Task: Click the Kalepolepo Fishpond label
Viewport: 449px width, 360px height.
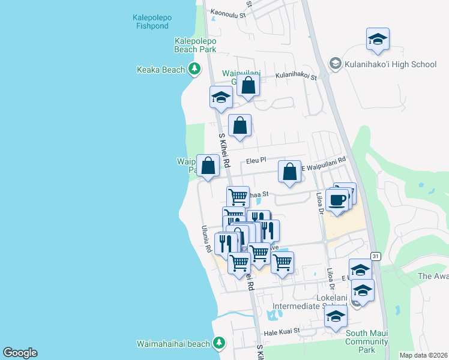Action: (x=152, y=22)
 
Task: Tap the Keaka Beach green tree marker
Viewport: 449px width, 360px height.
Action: (x=194, y=70)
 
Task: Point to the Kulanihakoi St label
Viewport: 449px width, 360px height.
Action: (x=296, y=76)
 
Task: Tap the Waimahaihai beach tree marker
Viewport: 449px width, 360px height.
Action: (x=219, y=343)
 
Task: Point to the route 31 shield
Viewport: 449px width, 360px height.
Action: (x=376, y=256)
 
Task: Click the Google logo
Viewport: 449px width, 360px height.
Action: (x=20, y=353)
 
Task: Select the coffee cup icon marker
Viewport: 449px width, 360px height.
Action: (x=337, y=199)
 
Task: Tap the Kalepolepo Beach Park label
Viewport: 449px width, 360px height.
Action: (x=195, y=45)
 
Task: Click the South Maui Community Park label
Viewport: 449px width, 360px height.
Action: (x=367, y=341)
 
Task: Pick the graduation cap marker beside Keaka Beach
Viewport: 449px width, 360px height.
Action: (x=221, y=97)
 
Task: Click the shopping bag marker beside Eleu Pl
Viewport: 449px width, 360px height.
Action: (x=208, y=166)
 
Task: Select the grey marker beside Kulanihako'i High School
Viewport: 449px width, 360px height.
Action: (x=335, y=64)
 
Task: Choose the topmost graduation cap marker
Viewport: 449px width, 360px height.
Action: (x=378, y=39)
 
